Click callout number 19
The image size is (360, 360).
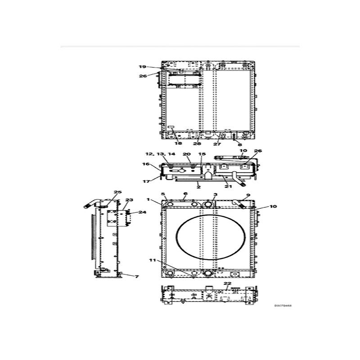[x=143, y=67]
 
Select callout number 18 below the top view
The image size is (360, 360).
[x=179, y=144]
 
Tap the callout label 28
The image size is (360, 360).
[x=197, y=144]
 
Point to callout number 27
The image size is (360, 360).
[x=217, y=144]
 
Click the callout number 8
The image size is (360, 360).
[x=239, y=144]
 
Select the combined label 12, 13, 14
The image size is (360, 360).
[x=154, y=154]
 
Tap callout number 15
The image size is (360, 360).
[x=202, y=154]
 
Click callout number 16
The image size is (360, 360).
[x=145, y=164]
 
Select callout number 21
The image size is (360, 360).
[x=228, y=186]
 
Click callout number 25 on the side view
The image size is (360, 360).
[x=117, y=193]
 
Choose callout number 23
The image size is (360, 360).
[x=129, y=200]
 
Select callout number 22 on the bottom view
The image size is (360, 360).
[x=228, y=283]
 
